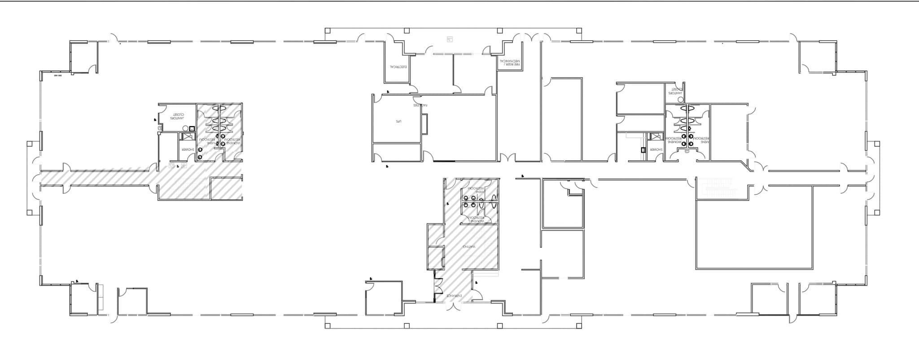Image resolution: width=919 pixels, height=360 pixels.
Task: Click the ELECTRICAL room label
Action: (398, 67)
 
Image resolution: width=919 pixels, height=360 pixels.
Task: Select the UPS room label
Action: (398, 121)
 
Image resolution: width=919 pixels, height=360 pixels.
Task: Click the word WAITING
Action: (469, 247)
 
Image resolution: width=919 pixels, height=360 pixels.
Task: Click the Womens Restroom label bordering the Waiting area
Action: (476, 220)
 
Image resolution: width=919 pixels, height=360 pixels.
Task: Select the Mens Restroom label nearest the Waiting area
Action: (476, 190)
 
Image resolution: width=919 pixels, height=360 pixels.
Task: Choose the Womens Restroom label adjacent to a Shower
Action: (674, 140)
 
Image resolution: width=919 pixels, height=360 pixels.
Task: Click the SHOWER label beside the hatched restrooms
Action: (187, 149)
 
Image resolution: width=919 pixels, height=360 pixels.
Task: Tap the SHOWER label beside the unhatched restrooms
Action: (656, 149)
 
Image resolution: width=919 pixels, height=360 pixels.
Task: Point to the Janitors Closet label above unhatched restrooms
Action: (675, 91)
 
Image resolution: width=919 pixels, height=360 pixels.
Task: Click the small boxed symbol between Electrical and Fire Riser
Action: (450, 40)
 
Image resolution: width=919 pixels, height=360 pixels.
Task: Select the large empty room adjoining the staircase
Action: (754, 229)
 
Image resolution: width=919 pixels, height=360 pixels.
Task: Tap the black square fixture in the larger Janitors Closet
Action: (192, 129)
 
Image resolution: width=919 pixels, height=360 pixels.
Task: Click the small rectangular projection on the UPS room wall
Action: (424, 124)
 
